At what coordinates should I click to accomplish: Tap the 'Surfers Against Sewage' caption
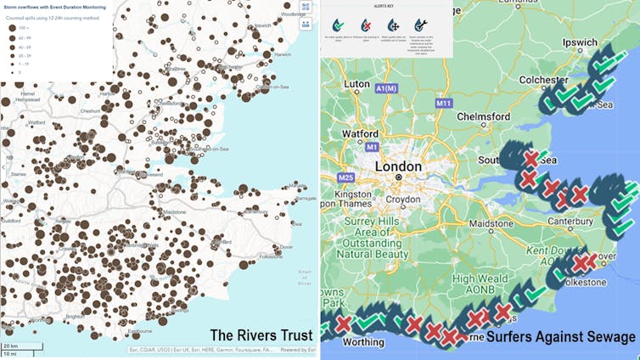tap(561, 337)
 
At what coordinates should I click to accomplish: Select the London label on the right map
tap(398, 167)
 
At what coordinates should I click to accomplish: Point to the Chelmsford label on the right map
tap(481, 116)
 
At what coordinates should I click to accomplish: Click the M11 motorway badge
tap(442, 104)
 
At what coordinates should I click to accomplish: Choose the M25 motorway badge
tap(345, 177)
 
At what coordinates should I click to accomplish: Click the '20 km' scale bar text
tap(10, 346)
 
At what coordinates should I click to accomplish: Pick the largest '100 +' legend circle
tap(12, 28)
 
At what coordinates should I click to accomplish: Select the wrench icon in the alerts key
tap(421, 25)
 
